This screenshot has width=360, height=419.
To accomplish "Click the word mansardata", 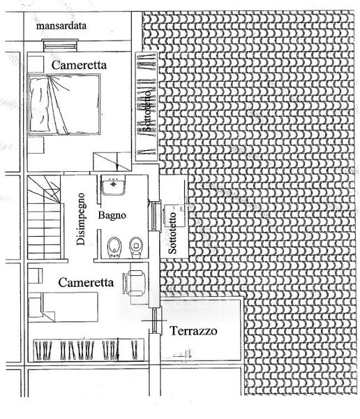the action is coord(61,26).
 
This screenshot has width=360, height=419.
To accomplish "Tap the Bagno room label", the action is coord(112,215).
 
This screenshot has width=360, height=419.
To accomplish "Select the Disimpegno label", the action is coord(81,219).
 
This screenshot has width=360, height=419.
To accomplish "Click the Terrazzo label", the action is coord(193,331).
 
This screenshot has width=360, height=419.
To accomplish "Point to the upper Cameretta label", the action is coord(79,65).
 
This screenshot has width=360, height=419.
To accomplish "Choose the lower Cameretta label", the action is coord(86,282).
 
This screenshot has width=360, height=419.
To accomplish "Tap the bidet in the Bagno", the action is coord(114,248).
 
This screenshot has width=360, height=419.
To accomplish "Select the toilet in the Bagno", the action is coord(136,248).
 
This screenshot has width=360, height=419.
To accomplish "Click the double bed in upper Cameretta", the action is coord(64,104).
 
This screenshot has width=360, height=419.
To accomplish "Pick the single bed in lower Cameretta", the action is coord(63,307).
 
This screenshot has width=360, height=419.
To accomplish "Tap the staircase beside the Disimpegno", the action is coord(45,217).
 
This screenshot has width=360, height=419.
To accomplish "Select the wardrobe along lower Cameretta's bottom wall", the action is coord(89,350).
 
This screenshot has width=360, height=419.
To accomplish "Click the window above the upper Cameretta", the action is coord(61,45).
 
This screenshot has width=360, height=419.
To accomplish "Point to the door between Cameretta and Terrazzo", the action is coord(154,321).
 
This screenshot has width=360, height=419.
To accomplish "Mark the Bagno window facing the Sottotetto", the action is coord(155,216).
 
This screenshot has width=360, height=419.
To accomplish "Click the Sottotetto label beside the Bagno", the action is coord(172,233).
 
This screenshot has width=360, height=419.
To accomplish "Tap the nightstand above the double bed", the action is coord(36,64).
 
